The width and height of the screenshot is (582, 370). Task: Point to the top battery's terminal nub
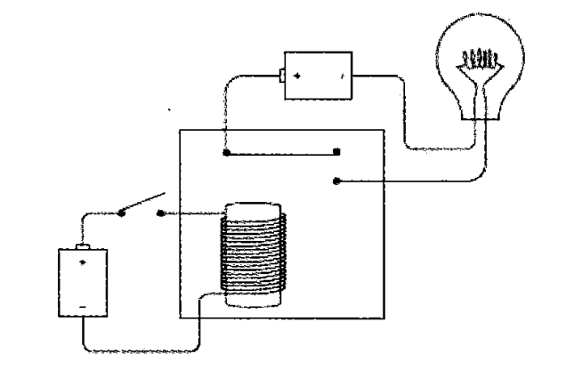(x=279, y=74)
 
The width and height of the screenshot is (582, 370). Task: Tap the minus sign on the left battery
(x=83, y=307)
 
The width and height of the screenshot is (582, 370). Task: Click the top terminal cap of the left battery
(x=83, y=245)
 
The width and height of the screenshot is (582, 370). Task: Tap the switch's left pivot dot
(x=122, y=212)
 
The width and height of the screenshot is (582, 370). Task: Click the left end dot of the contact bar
(x=226, y=152)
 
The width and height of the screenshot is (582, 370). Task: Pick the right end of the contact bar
(x=336, y=152)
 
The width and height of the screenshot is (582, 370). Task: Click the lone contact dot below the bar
(x=335, y=181)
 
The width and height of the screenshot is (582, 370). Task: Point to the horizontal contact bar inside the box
(x=281, y=152)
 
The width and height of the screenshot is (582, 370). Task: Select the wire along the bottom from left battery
(x=142, y=350)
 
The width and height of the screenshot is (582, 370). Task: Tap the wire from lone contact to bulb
(x=418, y=182)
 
